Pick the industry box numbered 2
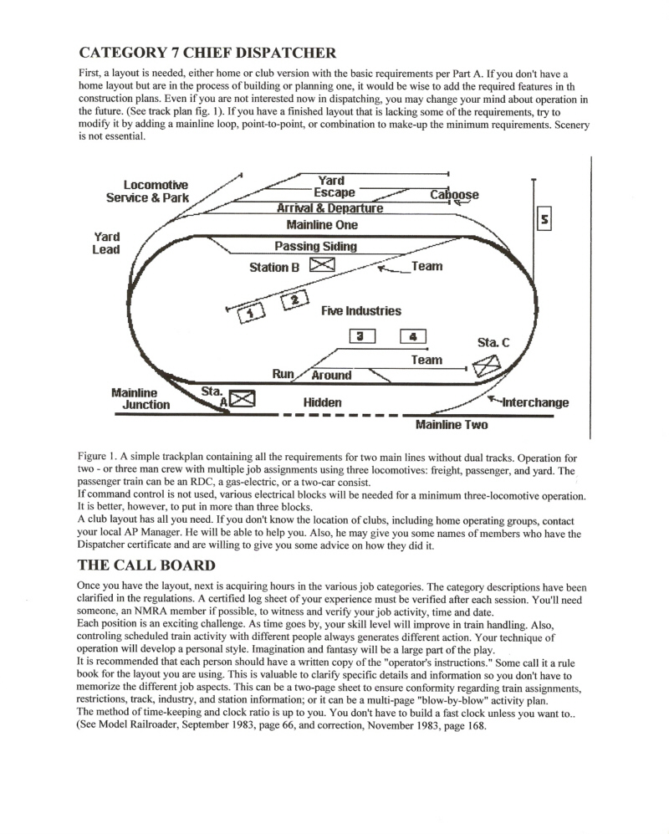pos(295,299)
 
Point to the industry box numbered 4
pos(412,336)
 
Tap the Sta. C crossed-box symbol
pos(487,366)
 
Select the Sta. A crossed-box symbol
pos(242,399)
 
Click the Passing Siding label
pos(315,246)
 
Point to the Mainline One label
pos(322,225)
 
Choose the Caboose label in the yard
pos(454,195)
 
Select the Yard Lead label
pos(106,243)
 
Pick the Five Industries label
pos(361,311)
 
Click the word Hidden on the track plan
pos(322,402)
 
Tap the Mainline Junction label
pos(140,399)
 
